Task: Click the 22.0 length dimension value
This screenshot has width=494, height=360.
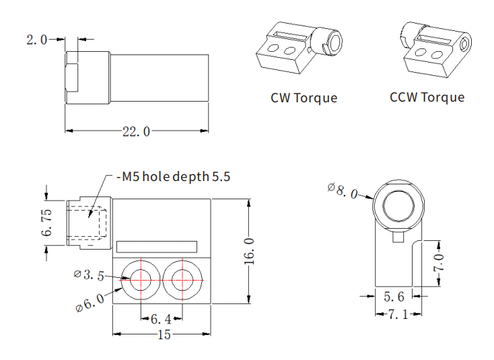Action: point(136,131)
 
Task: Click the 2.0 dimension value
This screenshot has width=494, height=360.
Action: point(36,40)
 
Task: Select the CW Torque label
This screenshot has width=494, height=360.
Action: point(304,98)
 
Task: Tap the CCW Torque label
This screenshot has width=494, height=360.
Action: point(427,97)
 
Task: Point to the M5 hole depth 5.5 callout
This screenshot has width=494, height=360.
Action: point(174,178)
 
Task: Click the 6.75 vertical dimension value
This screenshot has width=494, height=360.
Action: point(46,222)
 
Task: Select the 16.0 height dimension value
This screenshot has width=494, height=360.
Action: point(249,251)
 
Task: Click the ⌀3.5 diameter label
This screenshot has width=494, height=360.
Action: point(89,275)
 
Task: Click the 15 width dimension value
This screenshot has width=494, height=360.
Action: point(163,334)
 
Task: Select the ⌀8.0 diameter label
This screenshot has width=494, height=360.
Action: point(344,190)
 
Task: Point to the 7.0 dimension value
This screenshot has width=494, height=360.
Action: point(438,262)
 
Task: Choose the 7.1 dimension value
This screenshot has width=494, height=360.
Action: point(398,314)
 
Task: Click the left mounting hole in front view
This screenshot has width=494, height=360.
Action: point(141,279)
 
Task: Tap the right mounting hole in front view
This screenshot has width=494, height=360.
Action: point(182,279)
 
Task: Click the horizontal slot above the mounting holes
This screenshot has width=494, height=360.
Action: point(157,246)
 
